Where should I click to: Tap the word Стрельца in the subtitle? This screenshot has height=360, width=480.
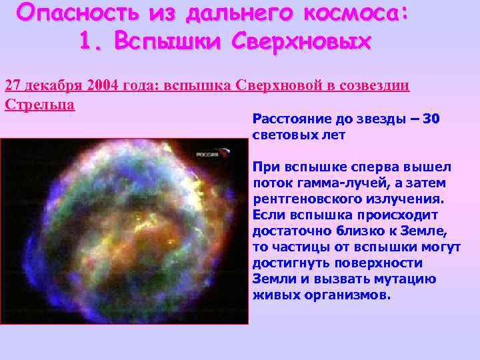39,105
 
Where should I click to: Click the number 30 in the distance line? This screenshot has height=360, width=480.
431,119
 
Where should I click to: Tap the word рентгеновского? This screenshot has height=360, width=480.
301,199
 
